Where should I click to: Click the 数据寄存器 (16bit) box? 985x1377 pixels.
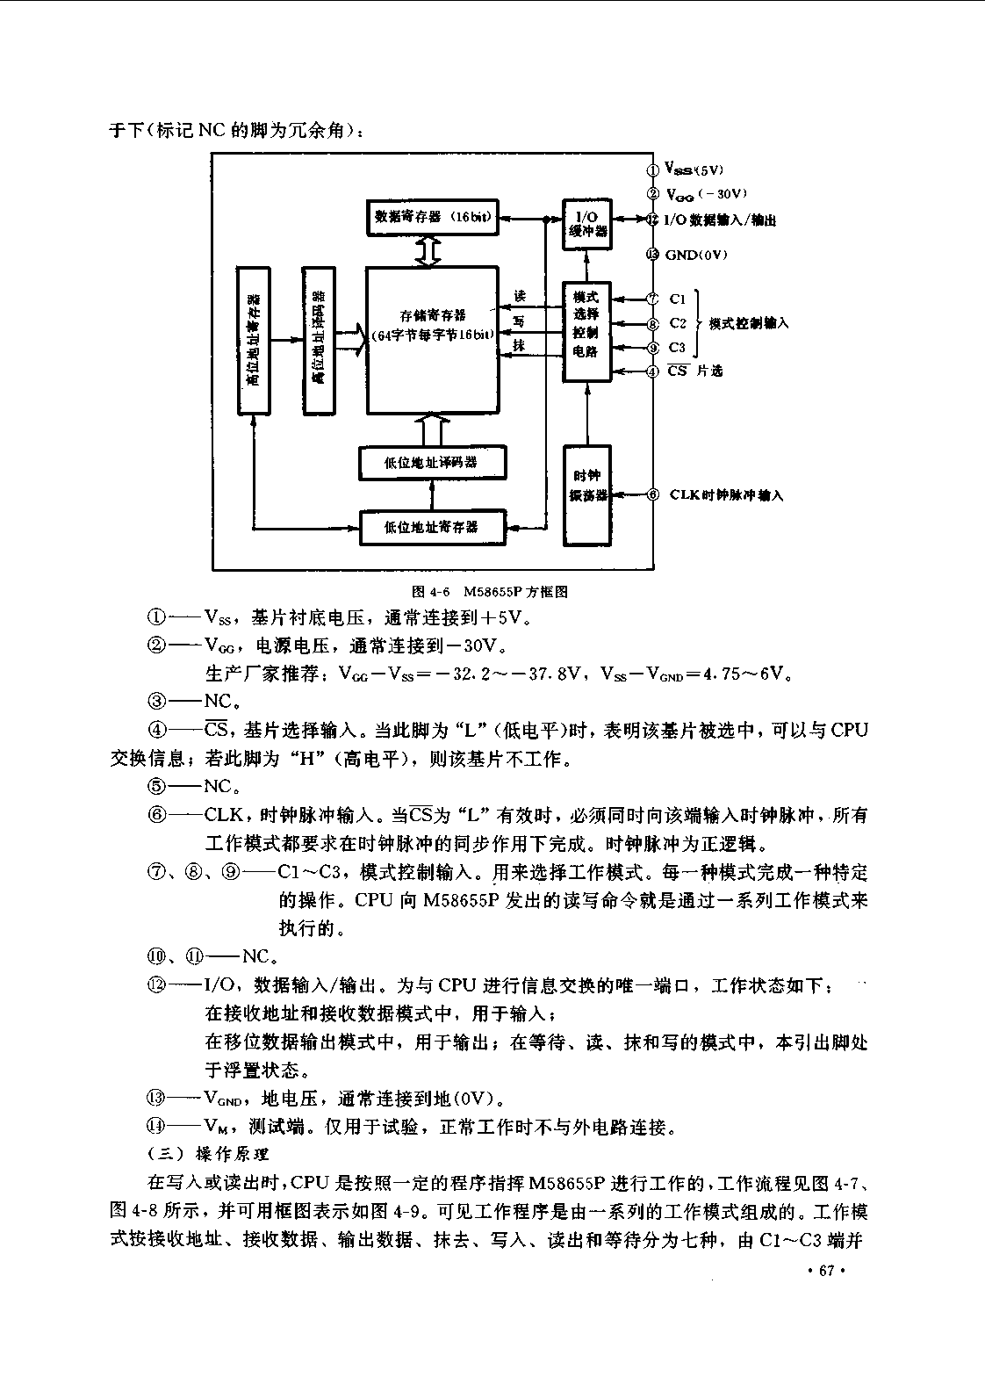coord(433,218)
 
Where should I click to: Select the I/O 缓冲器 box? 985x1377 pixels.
coord(587,224)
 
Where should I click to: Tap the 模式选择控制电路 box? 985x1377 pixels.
coord(586,332)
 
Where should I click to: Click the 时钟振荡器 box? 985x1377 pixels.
coord(587,495)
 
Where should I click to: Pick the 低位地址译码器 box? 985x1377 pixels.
coord(433,463)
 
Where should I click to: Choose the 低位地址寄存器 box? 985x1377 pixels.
coord(433,528)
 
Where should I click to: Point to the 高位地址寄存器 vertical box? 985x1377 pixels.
coord(254,341)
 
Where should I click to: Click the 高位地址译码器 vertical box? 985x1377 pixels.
coord(319,341)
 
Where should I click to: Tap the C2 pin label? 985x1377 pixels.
coord(677,323)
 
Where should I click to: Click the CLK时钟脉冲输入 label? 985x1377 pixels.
coord(726,495)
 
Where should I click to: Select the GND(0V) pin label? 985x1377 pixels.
coord(696,255)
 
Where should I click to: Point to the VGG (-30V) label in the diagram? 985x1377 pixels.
coord(707,194)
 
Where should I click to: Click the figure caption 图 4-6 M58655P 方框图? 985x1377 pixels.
coord(490,591)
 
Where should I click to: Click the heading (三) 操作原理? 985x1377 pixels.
coord(208,1154)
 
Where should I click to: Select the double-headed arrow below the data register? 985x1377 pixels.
coord(429,251)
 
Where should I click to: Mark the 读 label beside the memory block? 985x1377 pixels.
coord(520,296)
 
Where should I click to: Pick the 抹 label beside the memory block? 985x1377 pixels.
coord(520,346)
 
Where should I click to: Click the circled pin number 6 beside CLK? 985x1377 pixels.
coord(653,495)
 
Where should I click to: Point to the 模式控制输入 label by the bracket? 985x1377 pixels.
coord(749,323)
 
